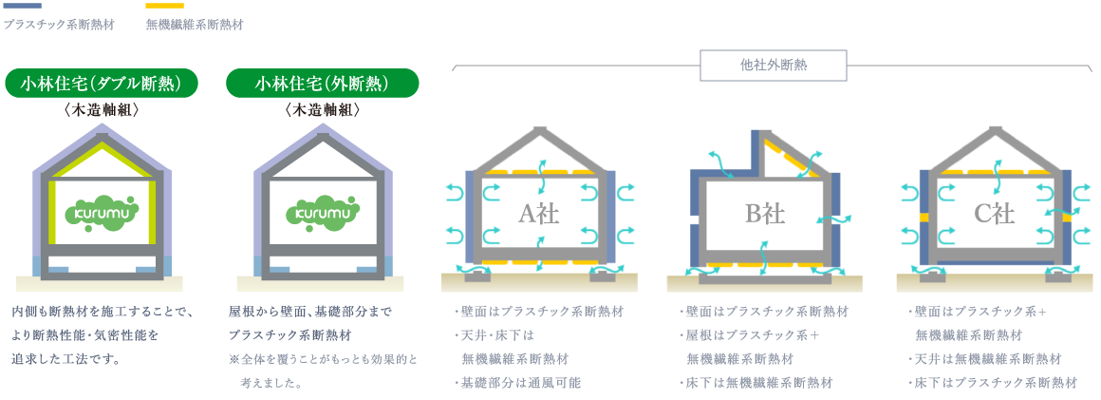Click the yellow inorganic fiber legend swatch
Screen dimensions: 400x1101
pyautogui.click(x=164, y=6)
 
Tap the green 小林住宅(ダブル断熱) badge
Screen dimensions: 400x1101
pyautogui.click(x=103, y=84)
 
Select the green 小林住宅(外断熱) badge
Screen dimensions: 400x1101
pyautogui.click(x=322, y=84)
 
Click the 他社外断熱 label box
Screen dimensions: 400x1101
pyautogui.click(x=772, y=66)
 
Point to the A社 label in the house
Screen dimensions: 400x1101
pyautogui.click(x=537, y=214)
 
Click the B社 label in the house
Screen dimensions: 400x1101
pyautogui.click(x=764, y=214)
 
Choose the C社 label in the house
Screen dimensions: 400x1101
pyautogui.click(x=994, y=214)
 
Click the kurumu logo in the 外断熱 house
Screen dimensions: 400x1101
pyautogui.click(x=323, y=210)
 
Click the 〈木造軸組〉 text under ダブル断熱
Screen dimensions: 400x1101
pyautogui.click(x=102, y=110)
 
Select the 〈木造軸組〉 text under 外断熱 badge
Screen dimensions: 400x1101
pyautogui.click(x=323, y=110)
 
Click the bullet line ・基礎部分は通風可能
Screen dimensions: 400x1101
pyautogui.click(x=520, y=383)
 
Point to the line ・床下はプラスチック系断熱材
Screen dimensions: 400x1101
pyautogui.click(x=993, y=383)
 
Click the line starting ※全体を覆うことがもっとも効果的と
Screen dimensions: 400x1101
pyautogui.click(x=323, y=360)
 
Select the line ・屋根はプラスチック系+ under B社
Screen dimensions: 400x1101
pyautogui.click(x=750, y=335)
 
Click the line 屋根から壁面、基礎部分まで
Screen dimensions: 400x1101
pyautogui.click(x=309, y=312)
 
